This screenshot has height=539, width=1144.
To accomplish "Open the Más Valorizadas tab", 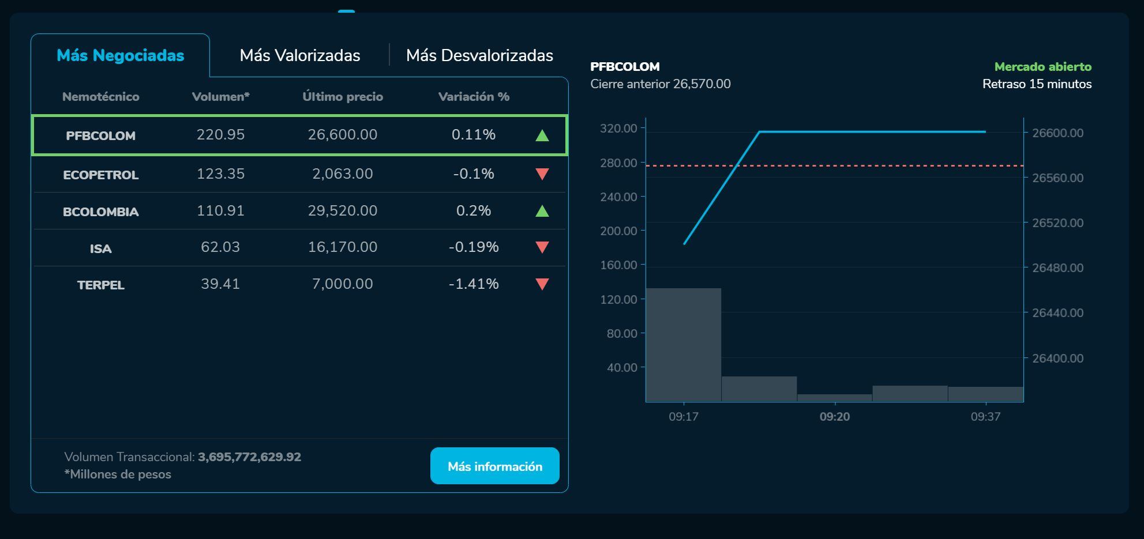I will pos(299,55).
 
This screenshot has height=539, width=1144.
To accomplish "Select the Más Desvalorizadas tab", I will pos(479,55).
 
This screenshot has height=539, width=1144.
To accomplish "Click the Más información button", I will pos(494,466).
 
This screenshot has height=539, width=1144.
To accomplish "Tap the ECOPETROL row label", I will pos(100,175).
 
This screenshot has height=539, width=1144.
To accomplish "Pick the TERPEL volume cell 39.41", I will pos(220,284).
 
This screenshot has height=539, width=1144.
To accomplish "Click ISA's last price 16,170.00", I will pos(342,247).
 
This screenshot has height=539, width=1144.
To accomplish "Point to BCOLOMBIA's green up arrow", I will pos(542,211).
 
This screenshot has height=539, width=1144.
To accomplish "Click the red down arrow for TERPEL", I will pos(542,284).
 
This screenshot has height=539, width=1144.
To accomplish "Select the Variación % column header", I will pos(474,97).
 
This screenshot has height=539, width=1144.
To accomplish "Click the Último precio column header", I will pos(343,97).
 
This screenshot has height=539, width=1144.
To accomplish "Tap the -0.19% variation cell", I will pos(474,247).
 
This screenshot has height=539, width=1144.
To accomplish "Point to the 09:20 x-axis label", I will pos(834,416).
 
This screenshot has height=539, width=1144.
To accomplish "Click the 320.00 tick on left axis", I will pos(618,128).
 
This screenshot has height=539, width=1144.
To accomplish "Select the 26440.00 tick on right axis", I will pos(1057,312).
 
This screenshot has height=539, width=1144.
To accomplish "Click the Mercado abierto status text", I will pos(1042,67).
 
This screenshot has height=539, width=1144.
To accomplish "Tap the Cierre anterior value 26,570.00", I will pos(702,84).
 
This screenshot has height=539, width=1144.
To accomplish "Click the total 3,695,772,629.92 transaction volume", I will pos(249,457).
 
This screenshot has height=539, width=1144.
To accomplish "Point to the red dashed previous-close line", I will pos(865,166).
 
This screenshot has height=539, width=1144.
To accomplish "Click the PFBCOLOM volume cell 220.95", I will pos(220,134).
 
